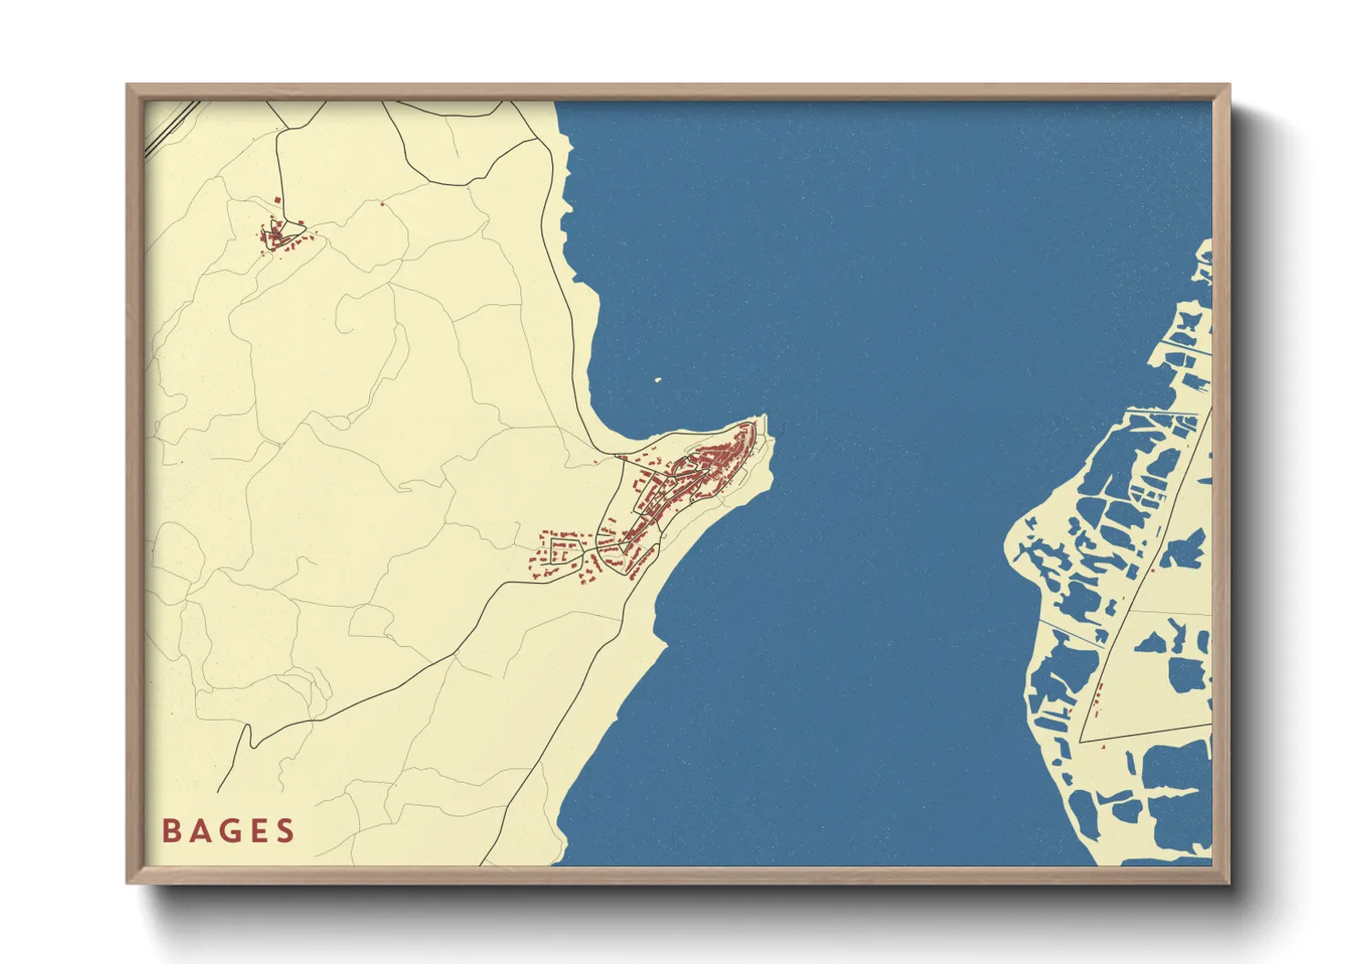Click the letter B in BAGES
tap(170, 831)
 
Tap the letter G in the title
tap(228, 831)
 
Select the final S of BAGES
tap(286, 831)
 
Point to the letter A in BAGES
tap(199, 831)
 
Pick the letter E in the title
tap(258, 831)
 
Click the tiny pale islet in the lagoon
tap(658, 380)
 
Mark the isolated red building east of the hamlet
tap(382, 205)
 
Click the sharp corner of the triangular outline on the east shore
tap(1081, 742)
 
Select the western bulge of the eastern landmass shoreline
tap(1010, 547)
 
